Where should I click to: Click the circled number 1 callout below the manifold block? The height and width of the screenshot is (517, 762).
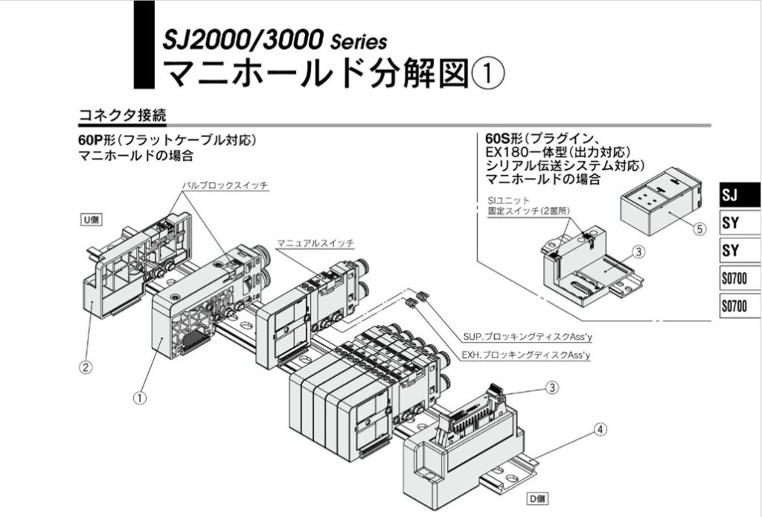click(x=139, y=398)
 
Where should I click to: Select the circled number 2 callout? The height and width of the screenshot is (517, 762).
click(x=87, y=367)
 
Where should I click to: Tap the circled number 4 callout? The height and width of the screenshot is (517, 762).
click(x=601, y=429)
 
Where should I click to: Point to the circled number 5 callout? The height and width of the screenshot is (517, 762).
click(x=699, y=229)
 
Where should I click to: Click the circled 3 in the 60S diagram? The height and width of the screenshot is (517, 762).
click(x=638, y=252)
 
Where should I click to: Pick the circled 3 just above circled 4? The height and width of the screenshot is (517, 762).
click(x=551, y=387)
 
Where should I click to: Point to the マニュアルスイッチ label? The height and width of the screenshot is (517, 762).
click(x=316, y=243)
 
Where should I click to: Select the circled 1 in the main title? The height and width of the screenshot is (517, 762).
click(x=489, y=74)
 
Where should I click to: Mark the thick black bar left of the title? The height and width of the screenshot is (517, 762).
click(x=144, y=44)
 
